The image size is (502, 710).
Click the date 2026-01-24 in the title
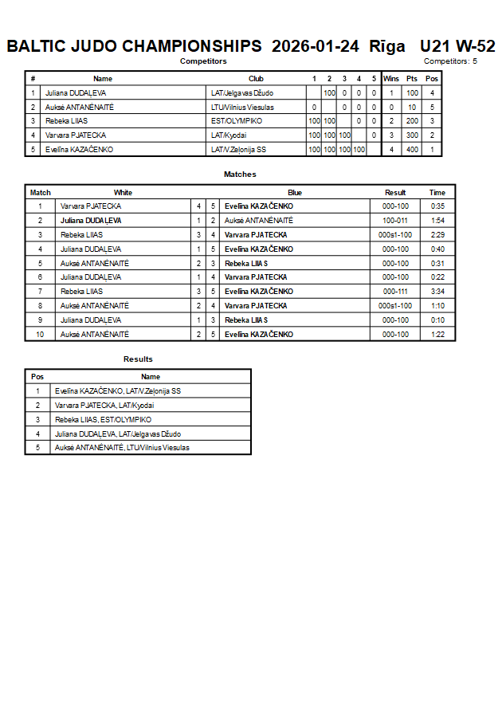(x=316, y=46)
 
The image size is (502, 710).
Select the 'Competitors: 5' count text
(x=450, y=61)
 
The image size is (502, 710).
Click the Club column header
(x=256, y=79)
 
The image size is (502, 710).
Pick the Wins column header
(x=391, y=79)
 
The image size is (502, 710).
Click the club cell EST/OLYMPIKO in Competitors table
(x=237, y=121)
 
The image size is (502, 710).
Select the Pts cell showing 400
(x=412, y=150)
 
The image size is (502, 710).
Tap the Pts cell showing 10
(x=412, y=107)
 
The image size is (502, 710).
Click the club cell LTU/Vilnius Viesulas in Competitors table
(x=242, y=107)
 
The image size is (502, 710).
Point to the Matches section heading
(x=240, y=175)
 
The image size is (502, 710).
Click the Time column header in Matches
(x=437, y=192)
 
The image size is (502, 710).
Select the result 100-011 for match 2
(x=395, y=220)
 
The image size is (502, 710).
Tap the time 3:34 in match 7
(x=437, y=292)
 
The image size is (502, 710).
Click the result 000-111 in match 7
(x=395, y=292)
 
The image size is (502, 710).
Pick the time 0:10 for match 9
(x=437, y=320)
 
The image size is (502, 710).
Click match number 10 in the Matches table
(x=40, y=335)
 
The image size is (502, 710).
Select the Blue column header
(x=295, y=192)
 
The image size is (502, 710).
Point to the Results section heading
(x=138, y=359)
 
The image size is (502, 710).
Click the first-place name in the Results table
(x=118, y=391)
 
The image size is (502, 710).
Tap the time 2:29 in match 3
(x=437, y=234)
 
